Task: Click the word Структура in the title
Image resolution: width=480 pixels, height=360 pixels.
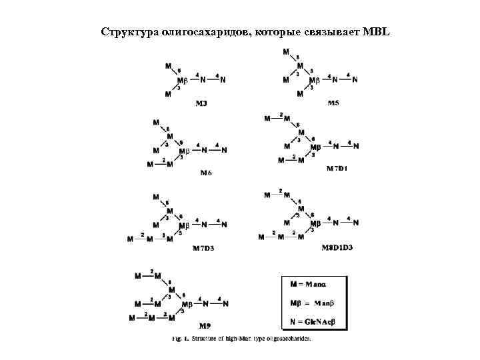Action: pyautogui.click(x=127, y=33)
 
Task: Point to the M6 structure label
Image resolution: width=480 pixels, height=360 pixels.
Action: pyautogui.click(x=206, y=173)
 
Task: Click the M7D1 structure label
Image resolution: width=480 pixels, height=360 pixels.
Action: pyautogui.click(x=337, y=169)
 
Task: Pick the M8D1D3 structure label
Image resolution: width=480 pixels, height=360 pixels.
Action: pyautogui.click(x=337, y=247)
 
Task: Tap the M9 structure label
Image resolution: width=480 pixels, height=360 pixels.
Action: pyautogui.click(x=206, y=326)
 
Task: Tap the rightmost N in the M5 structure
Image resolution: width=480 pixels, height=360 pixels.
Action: pyautogui.click(x=355, y=80)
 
